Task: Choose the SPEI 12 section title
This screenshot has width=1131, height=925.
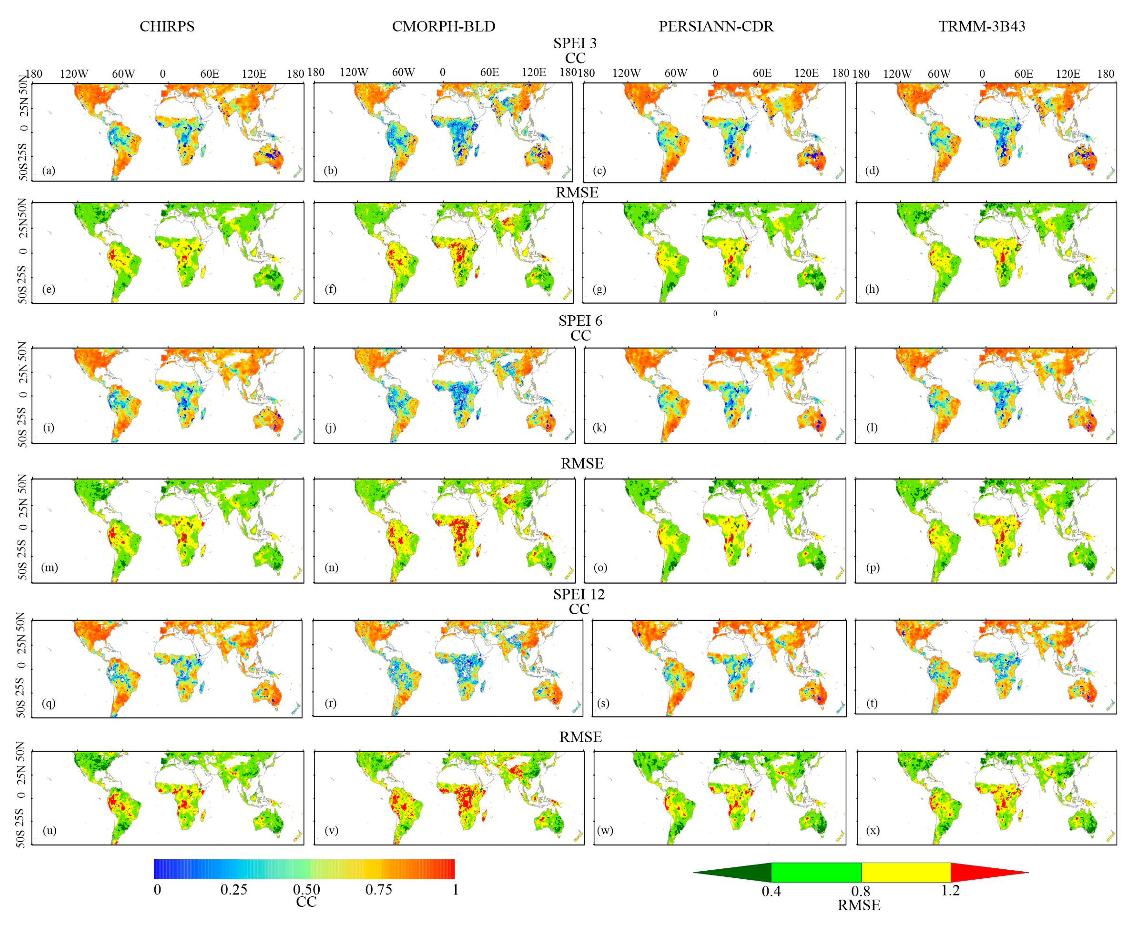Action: [579, 594]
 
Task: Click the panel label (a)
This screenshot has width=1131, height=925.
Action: [49, 171]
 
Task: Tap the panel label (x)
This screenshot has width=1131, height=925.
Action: [872, 830]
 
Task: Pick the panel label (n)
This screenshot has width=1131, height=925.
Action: [332, 567]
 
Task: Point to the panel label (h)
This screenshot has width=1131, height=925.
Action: [872, 289]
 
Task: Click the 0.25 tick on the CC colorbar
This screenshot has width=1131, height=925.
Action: [234, 889]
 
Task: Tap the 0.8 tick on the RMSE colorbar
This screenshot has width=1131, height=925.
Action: [861, 891]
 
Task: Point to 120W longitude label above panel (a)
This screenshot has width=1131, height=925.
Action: [74, 73]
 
